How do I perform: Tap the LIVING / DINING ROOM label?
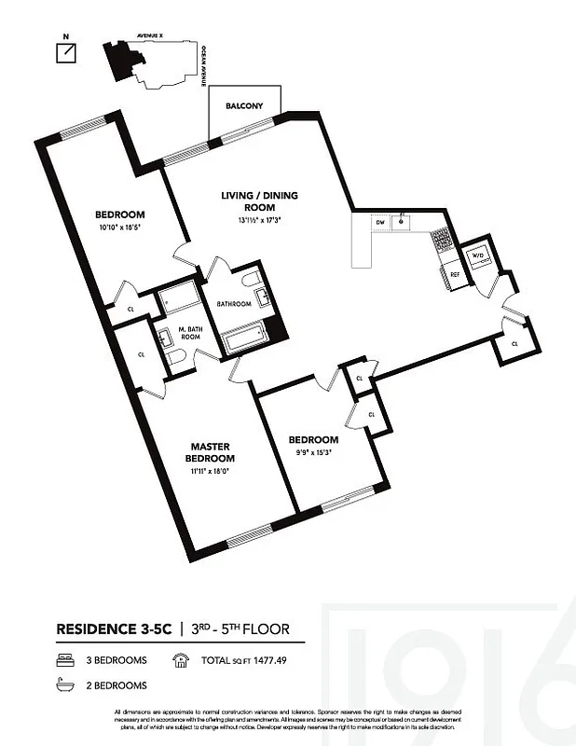click(251, 200)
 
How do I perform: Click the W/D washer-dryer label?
click(478, 254)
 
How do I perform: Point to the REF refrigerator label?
click(456, 274)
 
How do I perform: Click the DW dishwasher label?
click(380, 223)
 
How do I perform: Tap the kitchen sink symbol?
click(402, 222)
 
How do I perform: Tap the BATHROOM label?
click(234, 303)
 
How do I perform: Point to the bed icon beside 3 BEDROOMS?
click(63, 660)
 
